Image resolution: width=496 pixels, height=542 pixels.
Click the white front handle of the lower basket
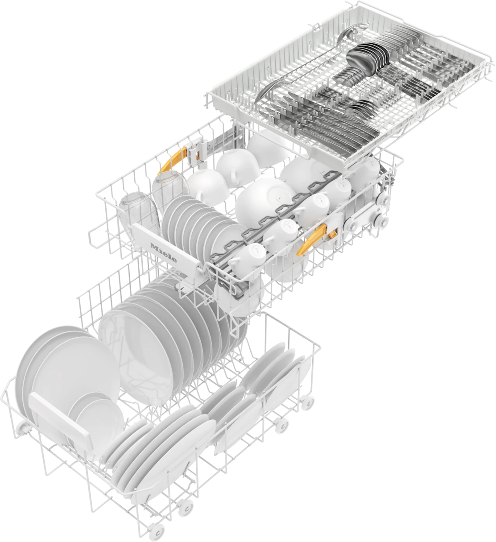click(x=61, y=416)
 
